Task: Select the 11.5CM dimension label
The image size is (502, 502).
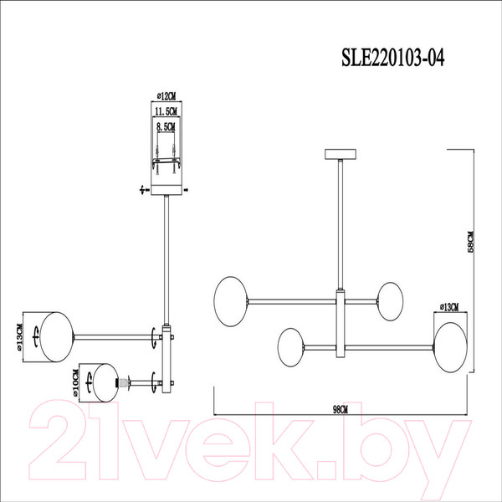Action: pos(167,111)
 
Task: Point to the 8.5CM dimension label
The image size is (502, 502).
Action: pos(167,126)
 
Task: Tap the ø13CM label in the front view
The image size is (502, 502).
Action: pos(448,307)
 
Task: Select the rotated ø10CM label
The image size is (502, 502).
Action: pos(77,386)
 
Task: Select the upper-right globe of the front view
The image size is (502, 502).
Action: pos(391,298)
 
